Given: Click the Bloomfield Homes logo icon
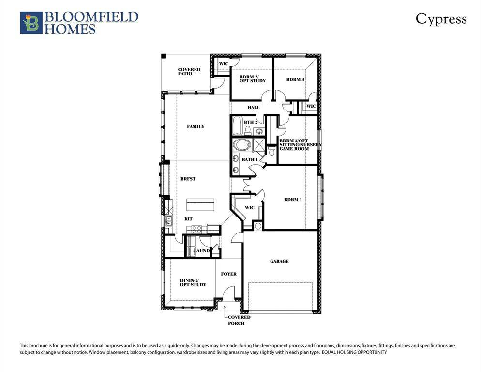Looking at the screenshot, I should point(31,23).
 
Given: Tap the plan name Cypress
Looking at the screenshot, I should point(441,19).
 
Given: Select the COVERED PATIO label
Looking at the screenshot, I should point(189,72).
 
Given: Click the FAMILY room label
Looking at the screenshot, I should point(195,127).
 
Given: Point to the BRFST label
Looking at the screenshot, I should point(188,179).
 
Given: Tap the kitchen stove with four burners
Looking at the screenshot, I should point(197,228).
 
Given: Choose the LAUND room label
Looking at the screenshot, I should point(201,251).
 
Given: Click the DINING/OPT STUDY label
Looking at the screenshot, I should point(193,282).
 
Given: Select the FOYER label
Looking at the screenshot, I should point(229,274).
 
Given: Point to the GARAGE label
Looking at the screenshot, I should point(279,261).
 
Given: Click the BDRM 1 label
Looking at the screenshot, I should point(293,200).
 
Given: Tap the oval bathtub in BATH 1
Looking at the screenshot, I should point(240,145).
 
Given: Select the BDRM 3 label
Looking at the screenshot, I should point(295,80).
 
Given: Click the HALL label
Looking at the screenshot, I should point(253,108).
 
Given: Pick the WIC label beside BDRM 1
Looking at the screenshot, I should point(249,208).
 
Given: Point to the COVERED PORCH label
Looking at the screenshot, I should point(237,320).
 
